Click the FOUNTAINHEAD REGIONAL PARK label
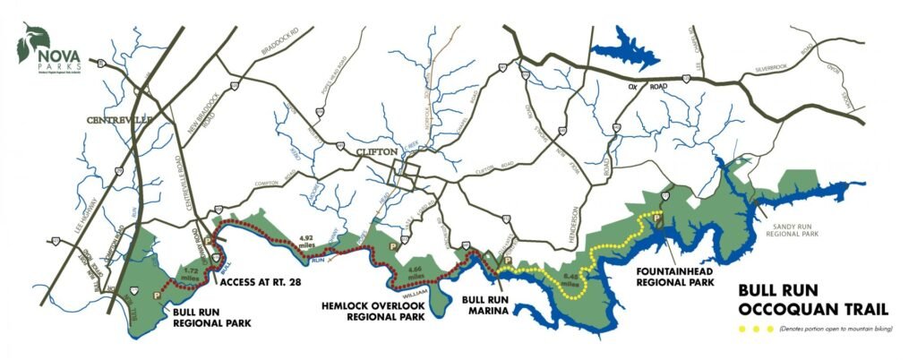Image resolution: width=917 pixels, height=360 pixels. pos(674,275)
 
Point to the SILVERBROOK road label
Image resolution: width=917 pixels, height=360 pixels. pos(776,68)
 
